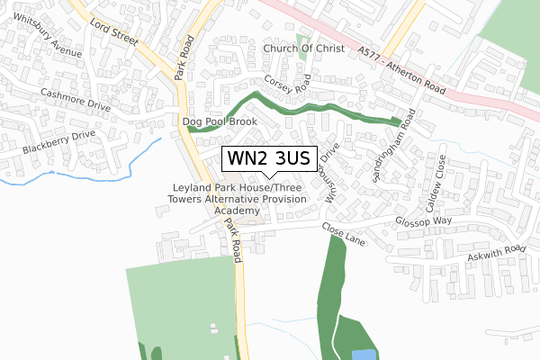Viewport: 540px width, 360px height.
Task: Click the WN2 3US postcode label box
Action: pyautogui.click(x=268, y=158)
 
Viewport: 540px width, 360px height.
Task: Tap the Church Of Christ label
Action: pyautogui.click(x=303, y=49)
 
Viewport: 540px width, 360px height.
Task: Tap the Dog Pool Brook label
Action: pyautogui.click(x=220, y=121)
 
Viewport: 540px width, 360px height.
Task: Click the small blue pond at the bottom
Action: pyautogui.click(x=362, y=355)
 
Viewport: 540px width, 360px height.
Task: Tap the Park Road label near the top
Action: pyautogui.click(x=185, y=58)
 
